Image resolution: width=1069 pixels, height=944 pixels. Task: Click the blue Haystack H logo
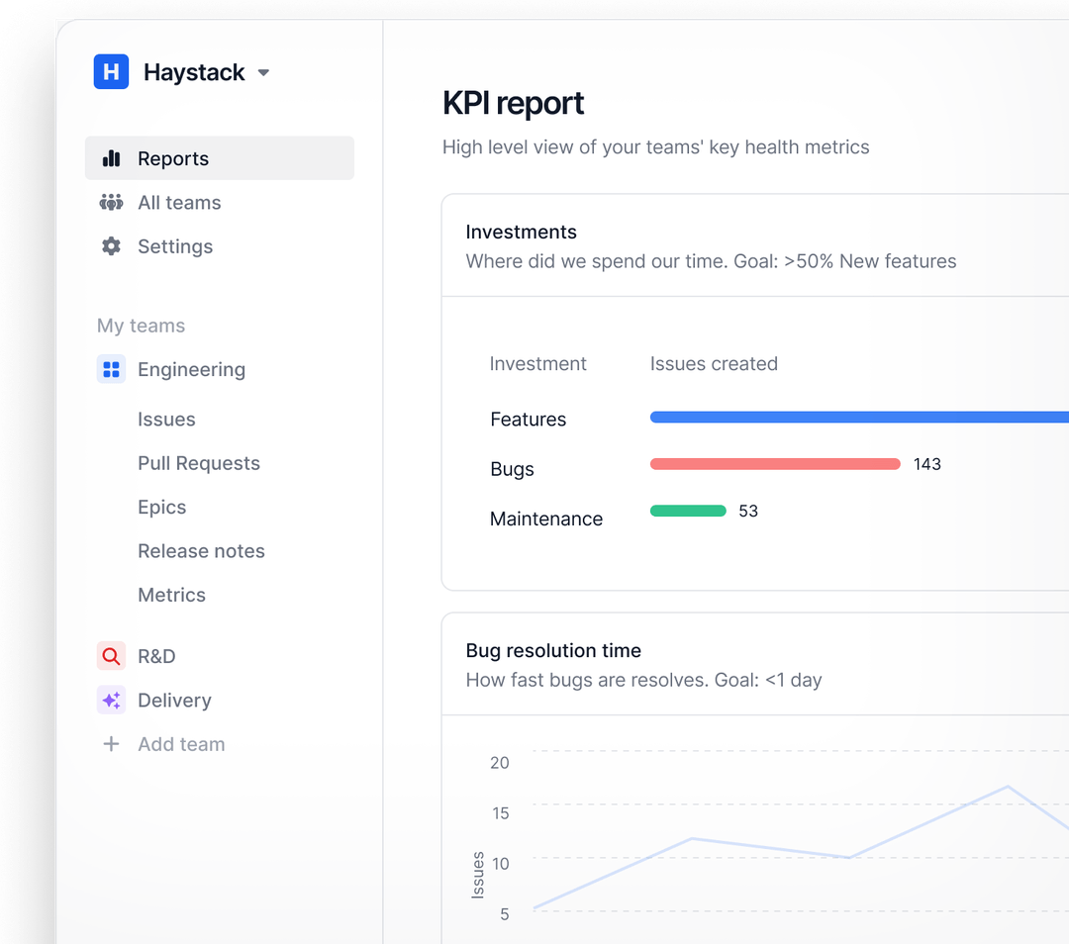point(111,72)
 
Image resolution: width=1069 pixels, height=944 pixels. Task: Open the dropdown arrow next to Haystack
point(263,73)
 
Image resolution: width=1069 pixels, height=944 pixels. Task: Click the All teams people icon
point(111,203)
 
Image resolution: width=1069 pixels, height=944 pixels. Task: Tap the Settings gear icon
point(111,246)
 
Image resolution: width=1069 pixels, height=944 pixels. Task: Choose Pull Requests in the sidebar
point(198,463)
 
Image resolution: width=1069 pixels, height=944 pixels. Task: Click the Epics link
point(161,507)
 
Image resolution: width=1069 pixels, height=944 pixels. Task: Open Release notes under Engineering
point(201,551)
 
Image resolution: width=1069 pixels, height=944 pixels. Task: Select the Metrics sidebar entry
point(171,595)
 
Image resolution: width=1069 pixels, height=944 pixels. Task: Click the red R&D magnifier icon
point(111,656)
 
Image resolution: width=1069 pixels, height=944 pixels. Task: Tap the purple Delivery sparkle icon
point(111,701)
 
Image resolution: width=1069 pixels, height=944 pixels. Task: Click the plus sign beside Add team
point(111,744)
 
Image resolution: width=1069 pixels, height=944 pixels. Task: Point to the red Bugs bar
point(774,464)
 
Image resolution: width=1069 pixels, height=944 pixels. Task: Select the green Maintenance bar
point(688,511)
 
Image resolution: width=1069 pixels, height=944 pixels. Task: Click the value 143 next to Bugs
point(926,464)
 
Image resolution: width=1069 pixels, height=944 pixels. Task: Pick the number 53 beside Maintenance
point(748,512)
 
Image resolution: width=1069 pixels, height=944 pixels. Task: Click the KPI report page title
point(513,103)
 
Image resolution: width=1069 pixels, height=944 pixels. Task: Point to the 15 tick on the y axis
point(500,813)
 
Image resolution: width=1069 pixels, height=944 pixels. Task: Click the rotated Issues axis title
point(478,875)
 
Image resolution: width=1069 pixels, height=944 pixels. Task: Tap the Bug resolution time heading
point(553,650)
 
